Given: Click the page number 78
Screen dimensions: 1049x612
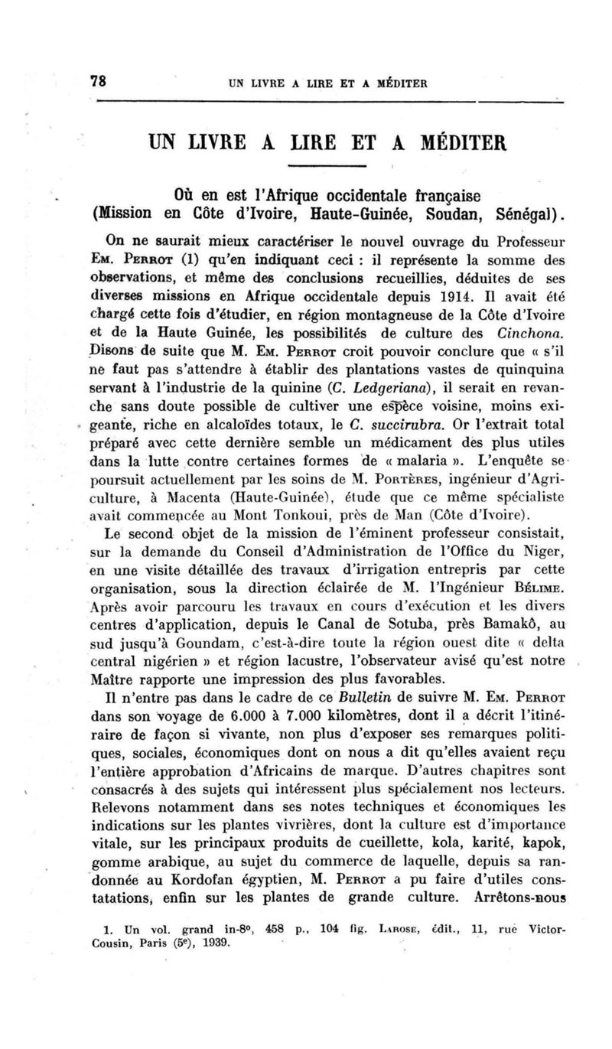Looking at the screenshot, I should (x=97, y=82).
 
